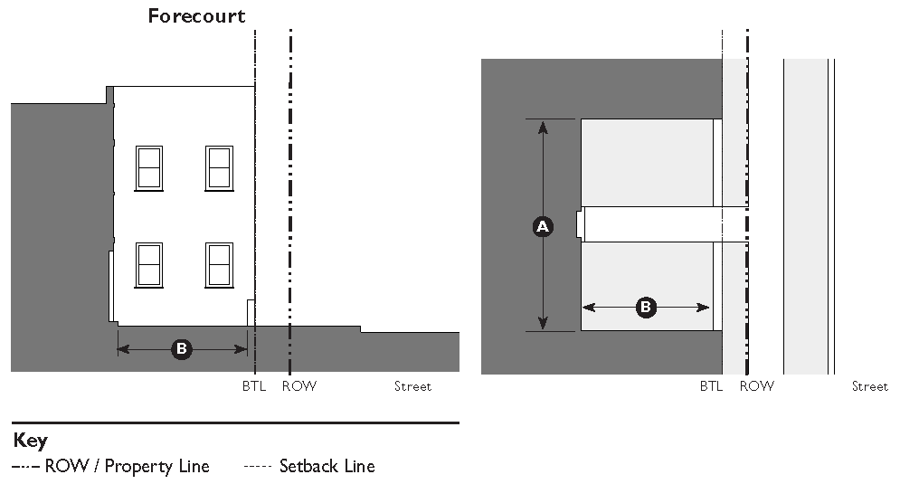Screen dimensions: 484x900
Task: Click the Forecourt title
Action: (x=197, y=16)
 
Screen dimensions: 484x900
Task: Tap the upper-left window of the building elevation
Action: (x=149, y=167)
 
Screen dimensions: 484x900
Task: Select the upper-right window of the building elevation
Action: (x=219, y=167)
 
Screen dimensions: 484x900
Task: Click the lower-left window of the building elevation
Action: (x=149, y=264)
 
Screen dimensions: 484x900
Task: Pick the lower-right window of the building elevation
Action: (x=219, y=264)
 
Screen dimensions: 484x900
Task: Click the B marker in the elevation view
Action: (x=182, y=348)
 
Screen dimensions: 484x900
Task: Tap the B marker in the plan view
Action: (x=646, y=308)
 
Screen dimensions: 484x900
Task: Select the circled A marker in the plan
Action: (x=543, y=226)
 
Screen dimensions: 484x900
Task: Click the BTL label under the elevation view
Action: (x=253, y=386)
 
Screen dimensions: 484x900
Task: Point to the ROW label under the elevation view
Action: (x=299, y=386)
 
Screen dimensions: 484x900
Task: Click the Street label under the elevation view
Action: (x=412, y=386)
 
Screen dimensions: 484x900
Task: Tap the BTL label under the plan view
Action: (x=711, y=386)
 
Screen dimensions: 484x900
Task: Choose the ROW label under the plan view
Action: (x=757, y=386)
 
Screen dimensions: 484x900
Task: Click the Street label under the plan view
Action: (x=869, y=386)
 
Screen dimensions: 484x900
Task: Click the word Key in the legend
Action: (x=31, y=441)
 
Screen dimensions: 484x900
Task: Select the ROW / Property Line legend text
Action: (x=127, y=467)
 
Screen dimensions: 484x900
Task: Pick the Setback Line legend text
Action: (x=327, y=467)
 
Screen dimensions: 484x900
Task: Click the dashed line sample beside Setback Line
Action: (x=258, y=467)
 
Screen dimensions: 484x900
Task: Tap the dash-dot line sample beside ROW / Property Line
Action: (x=26, y=467)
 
